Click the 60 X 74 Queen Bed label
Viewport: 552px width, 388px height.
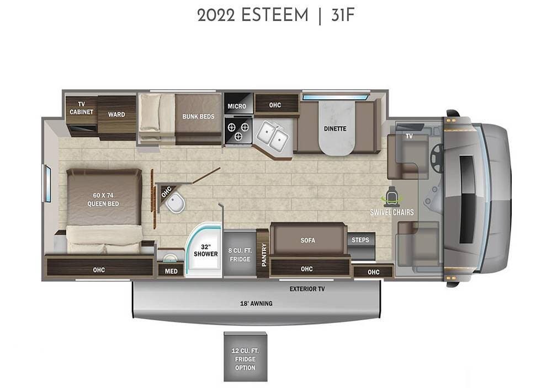[x=103, y=200]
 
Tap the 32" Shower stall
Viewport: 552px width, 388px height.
[x=204, y=250]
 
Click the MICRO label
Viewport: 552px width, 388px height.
[x=237, y=106]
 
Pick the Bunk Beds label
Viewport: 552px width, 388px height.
[x=198, y=116]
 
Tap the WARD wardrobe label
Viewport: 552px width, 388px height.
[x=116, y=115]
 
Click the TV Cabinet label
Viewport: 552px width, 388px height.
[x=81, y=108]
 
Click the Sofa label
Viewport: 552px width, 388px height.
[x=307, y=240]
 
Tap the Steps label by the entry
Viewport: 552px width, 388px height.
[x=360, y=240]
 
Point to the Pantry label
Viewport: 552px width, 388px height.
[x=264, y=255]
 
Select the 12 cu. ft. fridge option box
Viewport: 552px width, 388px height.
[x=245, y=357]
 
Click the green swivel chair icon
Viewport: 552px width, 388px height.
[x=391, y=196]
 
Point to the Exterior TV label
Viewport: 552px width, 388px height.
[x=307, y=289]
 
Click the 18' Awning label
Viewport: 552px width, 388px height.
[x=256, y=303]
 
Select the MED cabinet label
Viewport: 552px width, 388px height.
[x=171, y=271]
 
